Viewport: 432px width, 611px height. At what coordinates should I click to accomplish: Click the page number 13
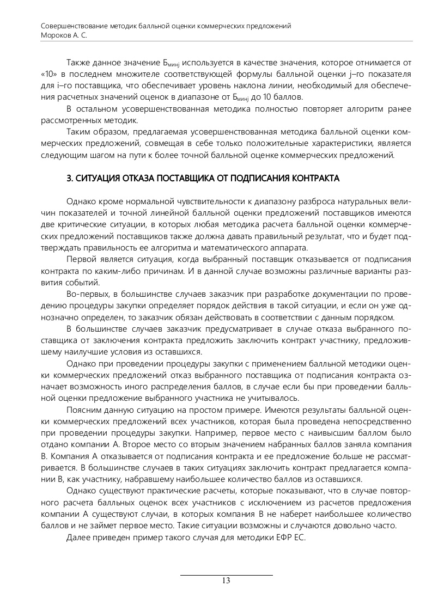tap(226, 581)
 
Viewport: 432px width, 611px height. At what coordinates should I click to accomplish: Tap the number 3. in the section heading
tap(69, 178)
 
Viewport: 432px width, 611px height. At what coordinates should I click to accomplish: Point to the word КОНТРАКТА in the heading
tap(315, 178)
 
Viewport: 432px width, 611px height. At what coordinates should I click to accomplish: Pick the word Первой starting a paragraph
tap(81, 259)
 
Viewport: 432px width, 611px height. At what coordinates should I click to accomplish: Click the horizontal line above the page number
tap(226, 575)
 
